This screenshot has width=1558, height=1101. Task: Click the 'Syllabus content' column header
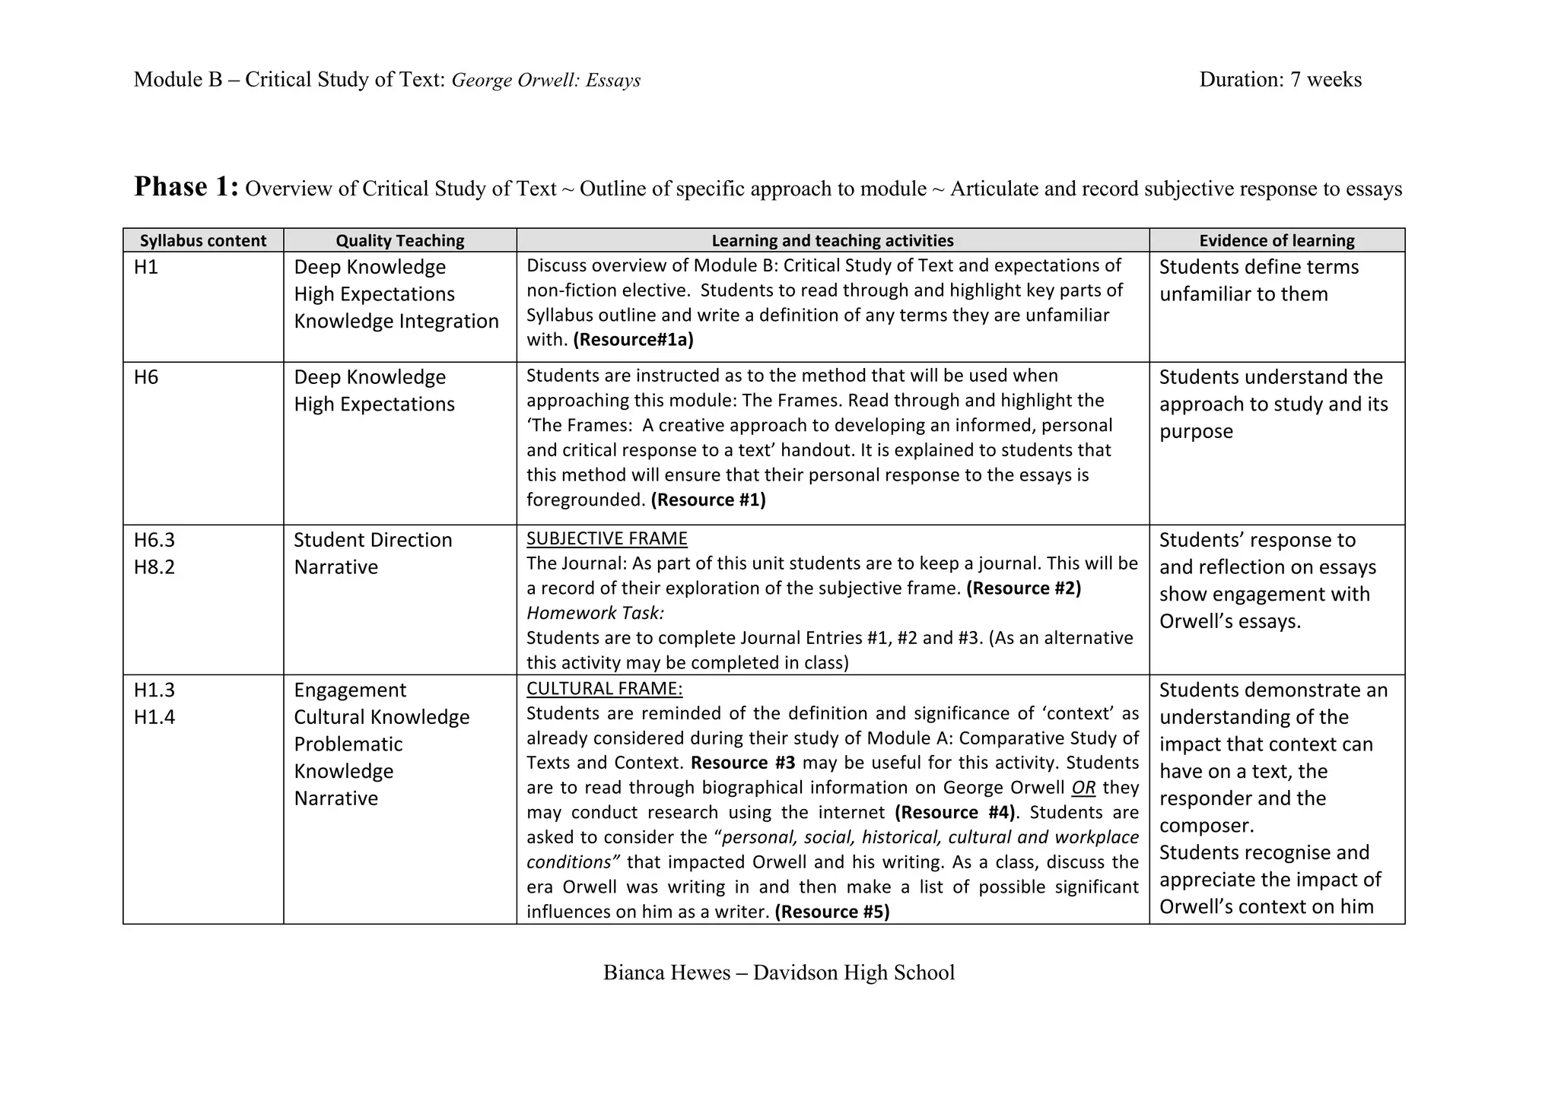(203, 241)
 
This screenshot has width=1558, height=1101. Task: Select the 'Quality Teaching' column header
(400, 241)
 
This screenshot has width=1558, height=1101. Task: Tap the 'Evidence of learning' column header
(1277, 241)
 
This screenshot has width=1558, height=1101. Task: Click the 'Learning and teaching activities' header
(832, 241)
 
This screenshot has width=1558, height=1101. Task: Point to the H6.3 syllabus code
(154, 541)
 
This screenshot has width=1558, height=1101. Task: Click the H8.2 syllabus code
(154, 567)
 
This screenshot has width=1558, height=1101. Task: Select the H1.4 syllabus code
(154, 717)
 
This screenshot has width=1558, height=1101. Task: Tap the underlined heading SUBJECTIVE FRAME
(606, 539)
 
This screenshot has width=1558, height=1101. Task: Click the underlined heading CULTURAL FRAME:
(604, 689)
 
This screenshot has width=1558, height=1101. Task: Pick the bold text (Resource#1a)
(633, 340)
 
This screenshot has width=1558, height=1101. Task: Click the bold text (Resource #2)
(1023, 589)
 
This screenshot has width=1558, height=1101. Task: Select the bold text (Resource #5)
(831, 912)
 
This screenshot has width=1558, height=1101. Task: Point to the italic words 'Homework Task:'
(595, 614)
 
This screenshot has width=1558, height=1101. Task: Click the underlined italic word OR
(1083, 788)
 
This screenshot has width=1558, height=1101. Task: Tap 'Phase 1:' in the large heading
(186, 187)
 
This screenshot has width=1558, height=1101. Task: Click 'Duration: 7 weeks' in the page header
(1280, 80)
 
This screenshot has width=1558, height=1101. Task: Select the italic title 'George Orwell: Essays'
(545, 81)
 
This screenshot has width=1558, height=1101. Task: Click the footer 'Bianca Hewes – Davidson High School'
(779, 973)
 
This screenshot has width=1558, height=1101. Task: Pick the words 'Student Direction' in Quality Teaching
(373, 541)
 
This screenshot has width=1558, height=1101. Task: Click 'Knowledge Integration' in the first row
(396, 322)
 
